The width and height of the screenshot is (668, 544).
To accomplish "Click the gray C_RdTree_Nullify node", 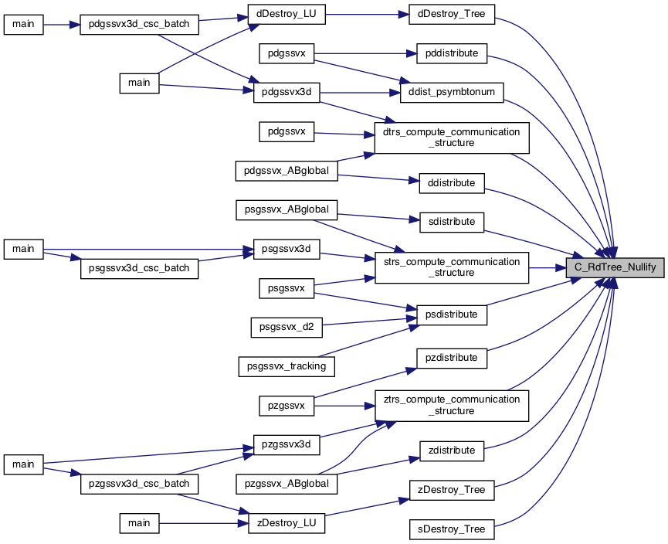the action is [615, 267].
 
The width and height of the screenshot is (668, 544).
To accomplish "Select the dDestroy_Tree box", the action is [452, 14].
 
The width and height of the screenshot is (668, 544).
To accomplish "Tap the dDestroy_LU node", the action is [287, 14].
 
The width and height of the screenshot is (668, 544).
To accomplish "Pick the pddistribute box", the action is [452, 53].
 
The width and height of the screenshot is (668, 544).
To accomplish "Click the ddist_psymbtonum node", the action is [452, 93].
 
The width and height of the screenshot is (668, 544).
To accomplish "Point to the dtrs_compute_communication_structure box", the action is [452, 138].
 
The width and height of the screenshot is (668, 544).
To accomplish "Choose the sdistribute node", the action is [452, 222].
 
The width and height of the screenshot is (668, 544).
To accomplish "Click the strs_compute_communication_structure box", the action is [452, 267].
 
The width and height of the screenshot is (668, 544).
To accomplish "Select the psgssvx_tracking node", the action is [287, 366].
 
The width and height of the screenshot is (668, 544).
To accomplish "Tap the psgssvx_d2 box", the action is [287, 327].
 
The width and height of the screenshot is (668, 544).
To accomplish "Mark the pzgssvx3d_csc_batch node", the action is [139, 484].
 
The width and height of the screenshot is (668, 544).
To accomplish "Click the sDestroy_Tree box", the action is [452, 529].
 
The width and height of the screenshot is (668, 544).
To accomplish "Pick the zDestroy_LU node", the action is [287, 523].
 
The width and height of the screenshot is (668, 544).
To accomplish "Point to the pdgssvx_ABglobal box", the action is [287, 171].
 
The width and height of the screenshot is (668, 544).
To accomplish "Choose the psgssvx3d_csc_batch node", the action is [139, 268].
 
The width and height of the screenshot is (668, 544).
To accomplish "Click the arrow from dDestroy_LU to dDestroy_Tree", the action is [368, 15].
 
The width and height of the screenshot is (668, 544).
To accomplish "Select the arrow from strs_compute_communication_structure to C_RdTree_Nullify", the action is [548, 267].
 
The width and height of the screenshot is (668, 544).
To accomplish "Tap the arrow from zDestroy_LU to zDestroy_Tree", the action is [367, 507].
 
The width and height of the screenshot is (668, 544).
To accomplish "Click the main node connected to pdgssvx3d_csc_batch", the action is [23, 25].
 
